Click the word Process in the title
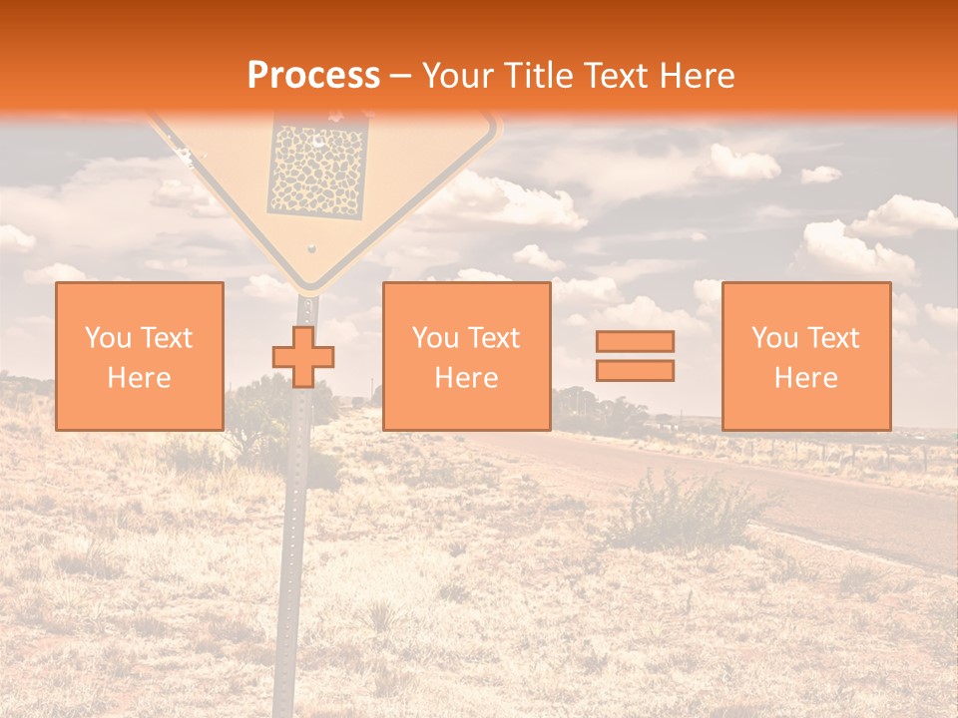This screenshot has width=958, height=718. coord(313,76)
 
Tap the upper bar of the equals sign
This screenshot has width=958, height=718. coord(635,341)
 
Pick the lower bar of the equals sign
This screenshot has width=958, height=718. coord(635,370)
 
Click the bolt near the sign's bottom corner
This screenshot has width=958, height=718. coord(311,246)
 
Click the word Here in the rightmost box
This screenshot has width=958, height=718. coord(806,378)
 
